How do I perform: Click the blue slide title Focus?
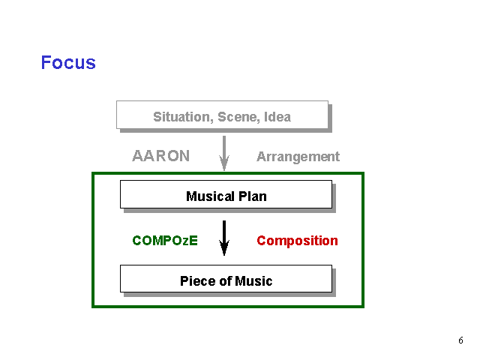pyautogui.click(x=68, y=62)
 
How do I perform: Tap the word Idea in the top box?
pyautogui.click(x=277, y=117)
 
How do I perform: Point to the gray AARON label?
pyautogui.click(x=161, y=156)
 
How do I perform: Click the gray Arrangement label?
pyautogui.click(x=298, y=157)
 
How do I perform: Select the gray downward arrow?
pyautogui.click(x=224, y=153)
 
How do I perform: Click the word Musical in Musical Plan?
pyautogui.click(x=210, y=196)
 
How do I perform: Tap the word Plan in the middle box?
pyautogui.click(x=253, y=196)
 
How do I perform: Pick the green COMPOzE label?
pyautogui.click(x=165, y=241)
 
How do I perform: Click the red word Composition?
pyautogui.click(x=297, y=241)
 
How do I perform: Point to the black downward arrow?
pyautogui.click(x=224, y=238)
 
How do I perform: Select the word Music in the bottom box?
pyautogui.click(x=253, y=281)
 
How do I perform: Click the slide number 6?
pyautogui.click(x=460, y=340)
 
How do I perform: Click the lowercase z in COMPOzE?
pyautogui.click(x=185, y=241)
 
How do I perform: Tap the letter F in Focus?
pyautogui.click(x=46, y=62)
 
